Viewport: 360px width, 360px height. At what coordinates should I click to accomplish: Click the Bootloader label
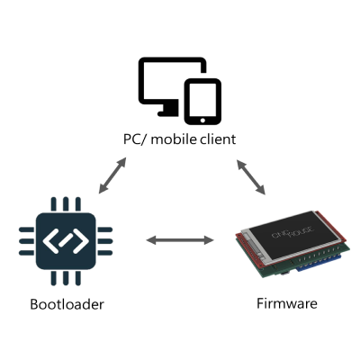[67, 304]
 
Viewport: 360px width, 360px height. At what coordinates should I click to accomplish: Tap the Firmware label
[287, 303]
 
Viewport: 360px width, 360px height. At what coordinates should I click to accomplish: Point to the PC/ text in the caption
[135, 139]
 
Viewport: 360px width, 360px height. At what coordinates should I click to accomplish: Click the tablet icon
[202, 102]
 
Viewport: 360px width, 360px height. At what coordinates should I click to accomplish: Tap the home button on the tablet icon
[202, 120]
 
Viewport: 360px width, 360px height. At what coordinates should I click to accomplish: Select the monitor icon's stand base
[168, 113]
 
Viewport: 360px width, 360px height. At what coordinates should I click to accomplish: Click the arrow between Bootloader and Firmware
[180, 240]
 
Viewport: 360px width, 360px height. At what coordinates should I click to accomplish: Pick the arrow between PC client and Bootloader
[112, 175]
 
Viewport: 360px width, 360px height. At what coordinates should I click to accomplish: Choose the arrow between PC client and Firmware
[251, 177]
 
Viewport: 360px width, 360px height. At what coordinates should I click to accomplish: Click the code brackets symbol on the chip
[66, 241]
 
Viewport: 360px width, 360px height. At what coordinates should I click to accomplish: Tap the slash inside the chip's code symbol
[66, 241]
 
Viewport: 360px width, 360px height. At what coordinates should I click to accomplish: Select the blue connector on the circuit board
[319, 264]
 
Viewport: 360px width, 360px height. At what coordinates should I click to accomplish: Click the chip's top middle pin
[66, 204]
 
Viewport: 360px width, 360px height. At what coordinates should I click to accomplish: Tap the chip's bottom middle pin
[66, 278]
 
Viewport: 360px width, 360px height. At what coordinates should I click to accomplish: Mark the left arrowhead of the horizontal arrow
[151, 240]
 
